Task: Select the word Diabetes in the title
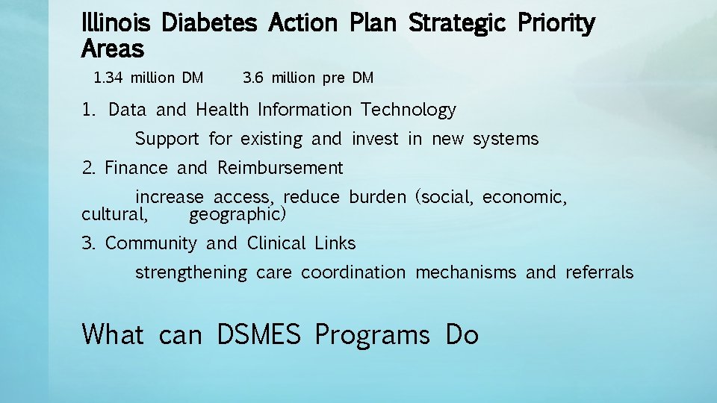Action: click(x=209, y=23)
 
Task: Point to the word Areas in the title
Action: click(x=112, y=50)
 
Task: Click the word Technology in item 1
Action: click(x=408, y=110)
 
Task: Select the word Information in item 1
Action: click(x=304, y=110)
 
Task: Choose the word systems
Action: click(x=506, y=139)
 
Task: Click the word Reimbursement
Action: click(x=280, y=168)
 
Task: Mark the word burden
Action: click(x=377, y=198)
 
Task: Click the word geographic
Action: click(x=237, y=216)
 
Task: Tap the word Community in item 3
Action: click(x=151, y=243)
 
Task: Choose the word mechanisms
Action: click(x=465, y=272)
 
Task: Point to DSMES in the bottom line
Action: click(x=258, y=334)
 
